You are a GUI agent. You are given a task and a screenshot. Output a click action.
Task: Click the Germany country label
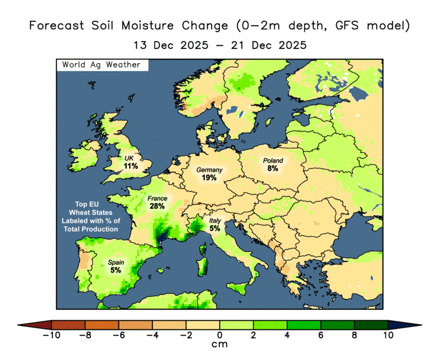click(209, 170)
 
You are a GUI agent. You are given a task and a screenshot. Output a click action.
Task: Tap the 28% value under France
click(157, 206)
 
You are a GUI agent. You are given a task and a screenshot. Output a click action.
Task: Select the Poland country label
click(272, 160)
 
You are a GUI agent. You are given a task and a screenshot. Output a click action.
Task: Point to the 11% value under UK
click(130, 166)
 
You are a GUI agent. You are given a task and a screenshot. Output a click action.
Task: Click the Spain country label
click(115, 262)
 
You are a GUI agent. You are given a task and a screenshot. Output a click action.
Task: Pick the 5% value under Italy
click(215, 228)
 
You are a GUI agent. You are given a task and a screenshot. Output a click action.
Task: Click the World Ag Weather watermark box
click(102, 65)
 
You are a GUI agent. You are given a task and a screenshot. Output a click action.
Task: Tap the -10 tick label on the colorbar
click(51, 335)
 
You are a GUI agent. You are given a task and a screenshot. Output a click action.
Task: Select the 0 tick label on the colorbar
click(220, 335)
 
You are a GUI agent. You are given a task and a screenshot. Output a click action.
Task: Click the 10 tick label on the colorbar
click(388, 335)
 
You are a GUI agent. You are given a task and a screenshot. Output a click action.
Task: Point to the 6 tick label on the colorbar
click(321, 335)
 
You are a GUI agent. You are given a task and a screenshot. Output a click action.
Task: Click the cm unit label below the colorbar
click(220, 345)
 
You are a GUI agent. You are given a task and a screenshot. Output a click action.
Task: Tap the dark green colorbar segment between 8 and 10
click(371, 325)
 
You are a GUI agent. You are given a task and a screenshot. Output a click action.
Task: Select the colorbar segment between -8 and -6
click(102, 325)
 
